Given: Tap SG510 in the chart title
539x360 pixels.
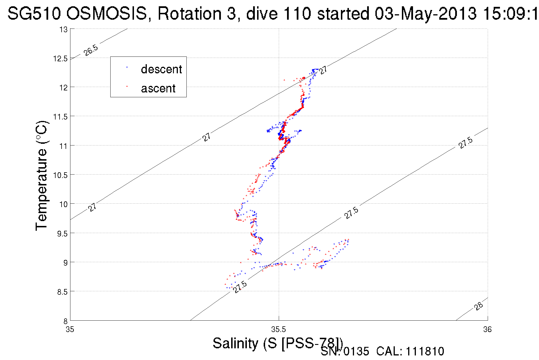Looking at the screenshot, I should point(34,13).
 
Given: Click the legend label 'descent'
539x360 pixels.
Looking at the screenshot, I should point(161,69).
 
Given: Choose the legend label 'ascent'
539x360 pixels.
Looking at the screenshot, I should point(158,88).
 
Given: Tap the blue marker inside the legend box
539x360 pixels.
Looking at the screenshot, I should point(127,68).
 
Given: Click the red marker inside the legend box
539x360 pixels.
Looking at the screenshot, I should point(127,86).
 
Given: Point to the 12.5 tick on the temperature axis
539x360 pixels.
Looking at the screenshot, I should point(60,59).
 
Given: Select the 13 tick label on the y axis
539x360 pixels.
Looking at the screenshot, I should point(64,30).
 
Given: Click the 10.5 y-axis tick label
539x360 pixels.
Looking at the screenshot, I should point(60,175).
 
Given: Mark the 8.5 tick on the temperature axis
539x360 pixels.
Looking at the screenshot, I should point(62,292).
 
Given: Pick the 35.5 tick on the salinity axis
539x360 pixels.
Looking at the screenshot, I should point(278,330).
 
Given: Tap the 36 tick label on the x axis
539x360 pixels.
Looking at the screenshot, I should point(487,330).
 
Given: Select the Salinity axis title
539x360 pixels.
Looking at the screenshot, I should point(277,343).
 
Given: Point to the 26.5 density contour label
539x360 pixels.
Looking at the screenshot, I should point(91,50).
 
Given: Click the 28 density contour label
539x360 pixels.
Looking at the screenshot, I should point(479,306).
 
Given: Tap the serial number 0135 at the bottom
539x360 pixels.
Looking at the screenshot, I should point(356,351).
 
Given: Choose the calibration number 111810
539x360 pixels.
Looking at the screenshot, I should point(425,351).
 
